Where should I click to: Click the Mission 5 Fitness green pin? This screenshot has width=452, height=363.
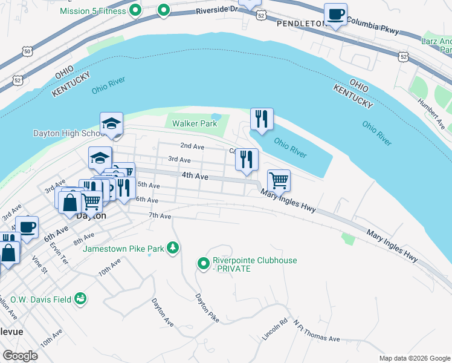(x=136, y=10)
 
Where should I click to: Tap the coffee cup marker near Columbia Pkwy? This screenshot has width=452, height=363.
(x=335, y=15)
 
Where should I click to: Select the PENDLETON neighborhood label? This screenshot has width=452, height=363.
(x=300, y=23)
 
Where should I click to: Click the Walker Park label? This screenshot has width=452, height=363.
(x=194, y=123)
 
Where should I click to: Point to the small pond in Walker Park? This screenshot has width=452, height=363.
(x=216, y=117)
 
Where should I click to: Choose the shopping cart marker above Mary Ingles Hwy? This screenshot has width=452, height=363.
(x=278, y=180)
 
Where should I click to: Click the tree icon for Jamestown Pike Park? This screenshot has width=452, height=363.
(x=173, y=247)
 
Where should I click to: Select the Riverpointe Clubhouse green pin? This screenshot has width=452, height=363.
(x=203, y=263)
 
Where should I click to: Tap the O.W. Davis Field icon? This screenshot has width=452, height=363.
(x=80, y=298)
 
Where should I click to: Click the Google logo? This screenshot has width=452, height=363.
(x=20, y=355)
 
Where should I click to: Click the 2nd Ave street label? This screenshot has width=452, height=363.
(x=192, y=146)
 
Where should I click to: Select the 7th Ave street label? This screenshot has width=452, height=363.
(x=160, y=216)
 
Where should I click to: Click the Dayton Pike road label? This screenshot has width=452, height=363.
(x=206, y=308)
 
